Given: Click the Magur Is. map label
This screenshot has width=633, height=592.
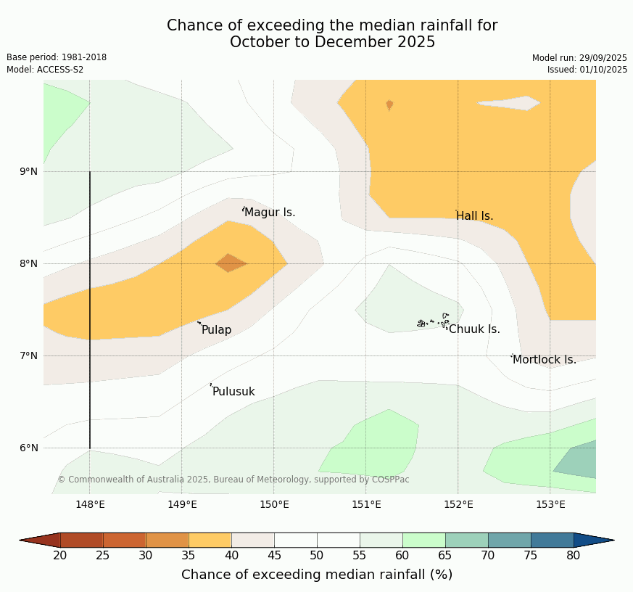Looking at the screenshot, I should coord(270,213).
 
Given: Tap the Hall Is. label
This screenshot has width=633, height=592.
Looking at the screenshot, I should coord(475,216).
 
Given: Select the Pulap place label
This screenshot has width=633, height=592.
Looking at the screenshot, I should coord(216,330).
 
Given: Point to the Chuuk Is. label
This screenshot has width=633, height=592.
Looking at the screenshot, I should coord(474,329).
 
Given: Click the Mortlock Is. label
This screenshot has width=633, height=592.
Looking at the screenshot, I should coord(544,360).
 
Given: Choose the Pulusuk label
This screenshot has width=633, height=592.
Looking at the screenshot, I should coord(233,392).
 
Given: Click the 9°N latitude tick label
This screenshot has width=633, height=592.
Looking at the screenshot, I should coord(29,172).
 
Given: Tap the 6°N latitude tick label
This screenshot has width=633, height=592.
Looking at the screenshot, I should coord(29,448).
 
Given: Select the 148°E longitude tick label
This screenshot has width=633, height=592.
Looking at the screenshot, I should coord(90,505).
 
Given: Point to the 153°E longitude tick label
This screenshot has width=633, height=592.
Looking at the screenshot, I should coord(550,505).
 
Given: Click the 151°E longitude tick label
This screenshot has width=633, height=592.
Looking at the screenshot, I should coord(366,505).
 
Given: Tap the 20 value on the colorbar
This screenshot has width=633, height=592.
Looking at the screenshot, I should coord(60,556).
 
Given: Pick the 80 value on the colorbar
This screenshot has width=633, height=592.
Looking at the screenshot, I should coord(573,556).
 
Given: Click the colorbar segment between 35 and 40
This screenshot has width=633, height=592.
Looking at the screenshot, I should coord(210,540).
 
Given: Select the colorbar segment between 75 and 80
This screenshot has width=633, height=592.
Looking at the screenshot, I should coord(552,540).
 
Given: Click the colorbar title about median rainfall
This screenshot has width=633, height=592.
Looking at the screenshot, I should coord(317,575).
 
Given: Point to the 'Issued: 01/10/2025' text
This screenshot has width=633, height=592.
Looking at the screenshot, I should coord(587,70).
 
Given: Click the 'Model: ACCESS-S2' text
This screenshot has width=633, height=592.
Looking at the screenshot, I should coord(45,70).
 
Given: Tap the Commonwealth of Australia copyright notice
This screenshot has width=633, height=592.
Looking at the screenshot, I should coord(233,480).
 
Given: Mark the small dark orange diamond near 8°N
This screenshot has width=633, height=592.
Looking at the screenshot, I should coord(231,263).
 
